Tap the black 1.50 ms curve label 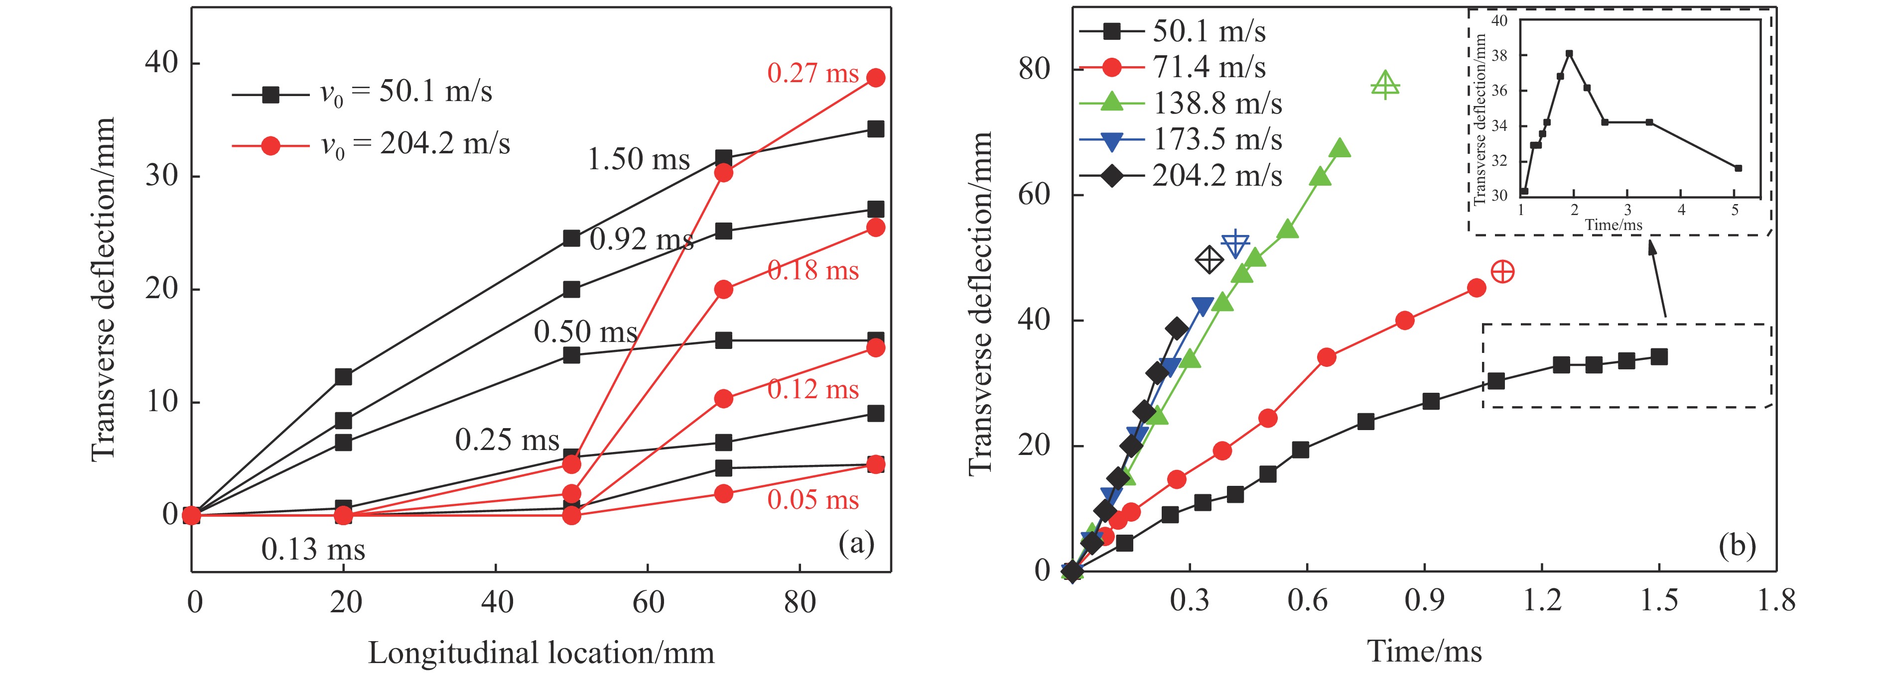pos(638,159)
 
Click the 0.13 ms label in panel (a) pos(313,550)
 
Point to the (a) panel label pos(857,544)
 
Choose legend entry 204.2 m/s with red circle pos(371,145)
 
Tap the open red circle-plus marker pos(1502,272)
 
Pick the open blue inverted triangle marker pos(1235,243)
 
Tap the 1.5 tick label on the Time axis pos(1659,601)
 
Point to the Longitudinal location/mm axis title pos(541,653)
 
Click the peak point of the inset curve pos(1569,53)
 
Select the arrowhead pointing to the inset pos(1650,246)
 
